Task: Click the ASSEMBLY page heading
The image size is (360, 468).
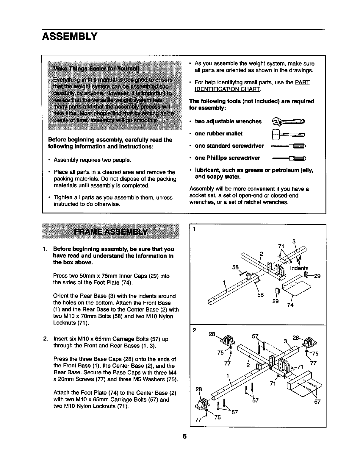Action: pos(70,36)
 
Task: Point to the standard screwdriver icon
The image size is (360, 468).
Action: pos(289,146)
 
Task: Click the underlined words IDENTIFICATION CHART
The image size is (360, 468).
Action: pos(228,89)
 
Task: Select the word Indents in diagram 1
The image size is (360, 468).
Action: pos(299,268)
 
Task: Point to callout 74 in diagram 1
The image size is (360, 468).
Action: pos(290,305)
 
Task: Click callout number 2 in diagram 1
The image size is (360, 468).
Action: pos(261,254)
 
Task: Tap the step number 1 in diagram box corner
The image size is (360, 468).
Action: pos(194,229)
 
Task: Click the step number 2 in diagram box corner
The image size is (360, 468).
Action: pos(194,330)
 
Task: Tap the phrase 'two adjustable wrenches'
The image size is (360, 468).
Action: pos(228,121)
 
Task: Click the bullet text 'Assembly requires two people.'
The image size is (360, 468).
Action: pos(92,160)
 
